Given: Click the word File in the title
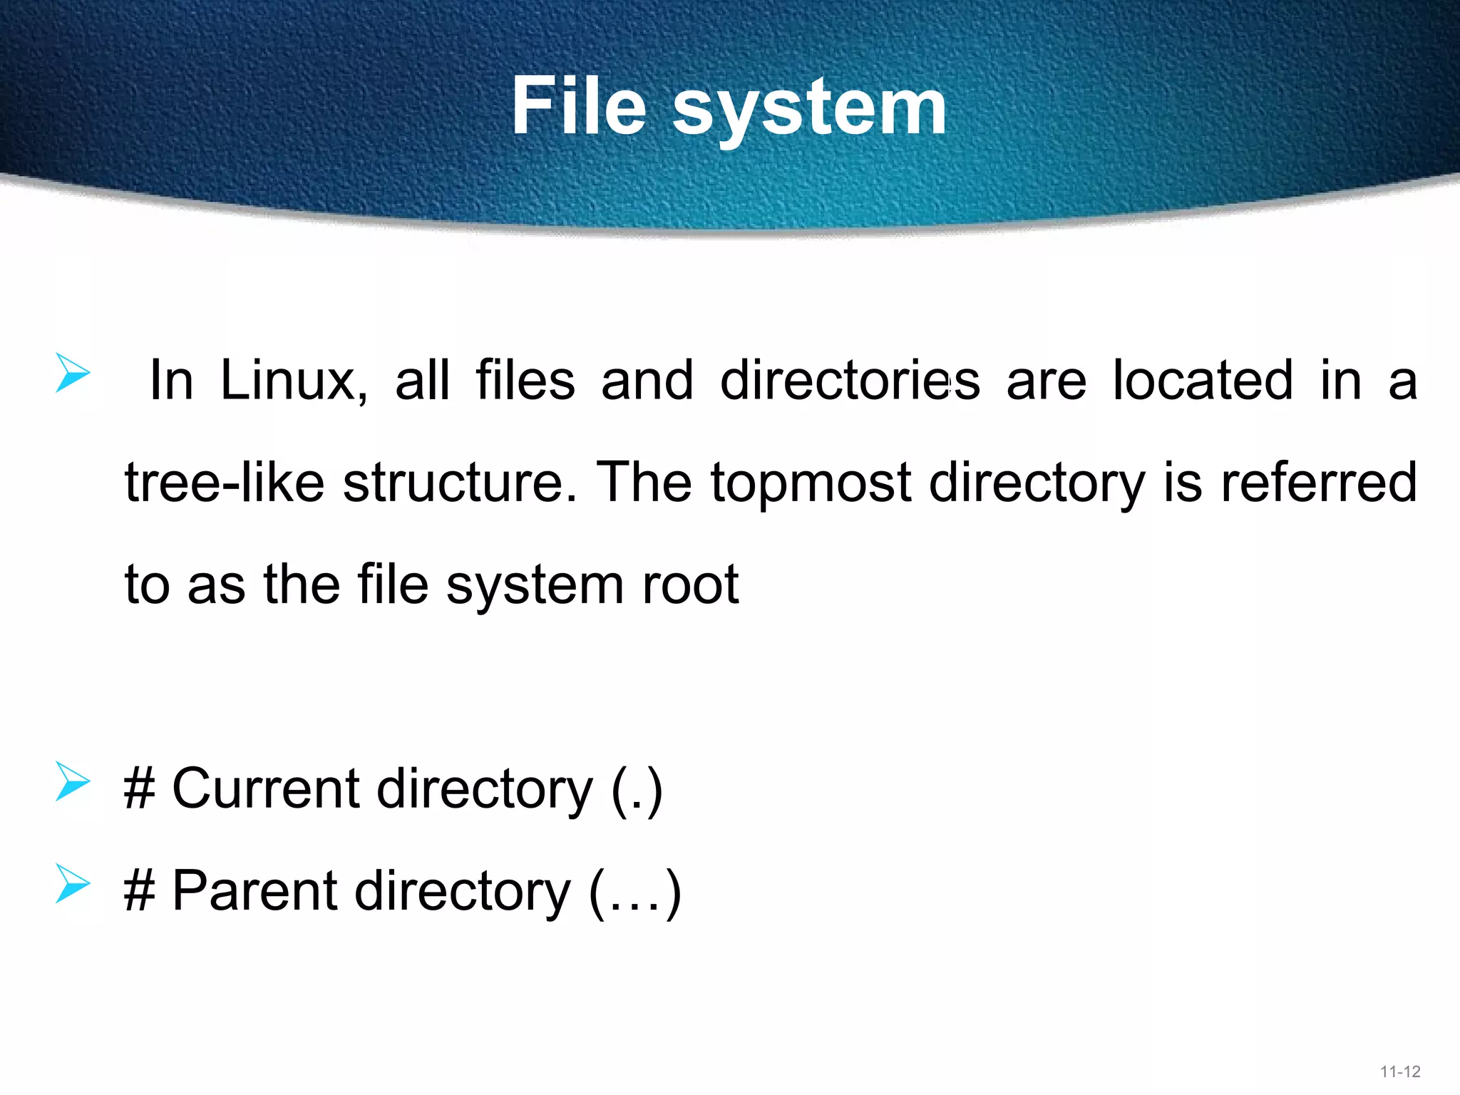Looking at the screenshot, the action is (578, 107).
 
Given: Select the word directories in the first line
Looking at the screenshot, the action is (850, 381).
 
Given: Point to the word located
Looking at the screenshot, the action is (1203, 381).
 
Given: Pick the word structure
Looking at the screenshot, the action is (460, 483).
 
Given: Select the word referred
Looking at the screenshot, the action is (1319, 483).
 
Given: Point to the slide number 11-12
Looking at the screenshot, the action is (1400, 1071).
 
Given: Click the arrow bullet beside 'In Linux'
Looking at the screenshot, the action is (73, 373).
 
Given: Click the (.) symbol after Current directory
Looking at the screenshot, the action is (637, 791).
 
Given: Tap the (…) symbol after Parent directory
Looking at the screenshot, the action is (635, 893).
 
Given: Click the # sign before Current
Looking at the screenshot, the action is (140, 789).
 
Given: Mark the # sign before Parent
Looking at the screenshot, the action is (140, 891).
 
